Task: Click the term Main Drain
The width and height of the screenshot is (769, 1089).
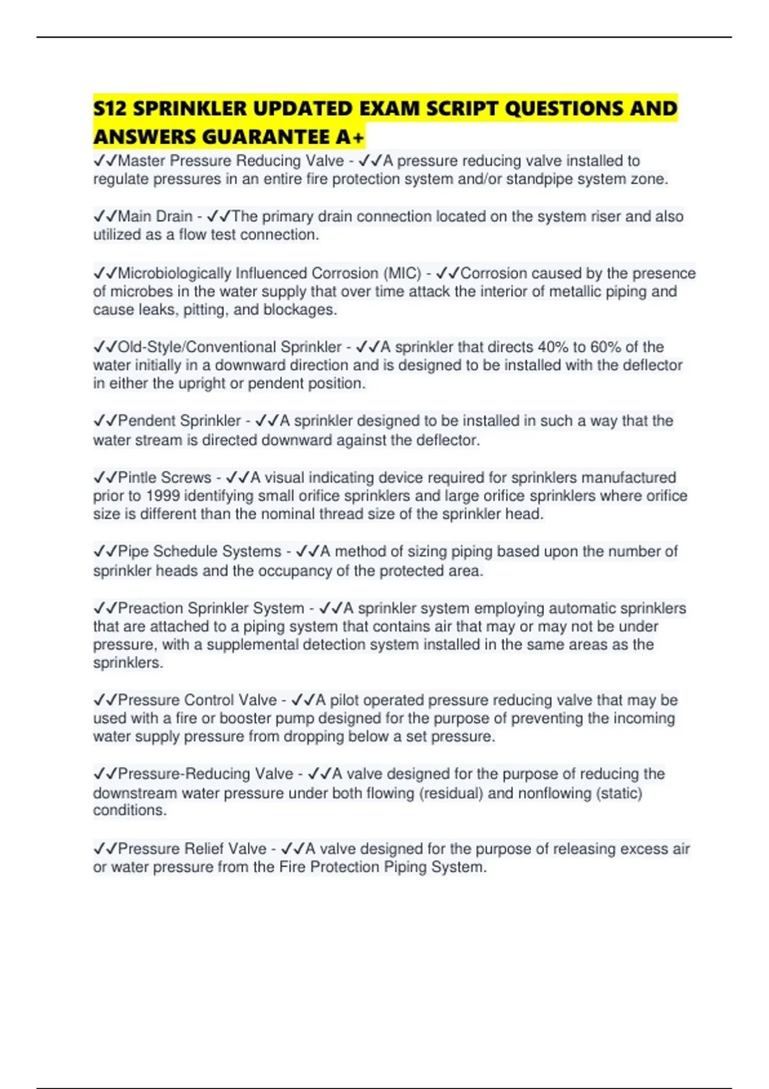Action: tap(155, 217)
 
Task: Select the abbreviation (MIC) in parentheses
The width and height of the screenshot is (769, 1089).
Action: tap(402, 274)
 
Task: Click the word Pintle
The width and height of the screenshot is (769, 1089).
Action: tap(137, 478)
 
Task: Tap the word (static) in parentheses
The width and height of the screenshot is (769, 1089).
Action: tap(619, 793)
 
